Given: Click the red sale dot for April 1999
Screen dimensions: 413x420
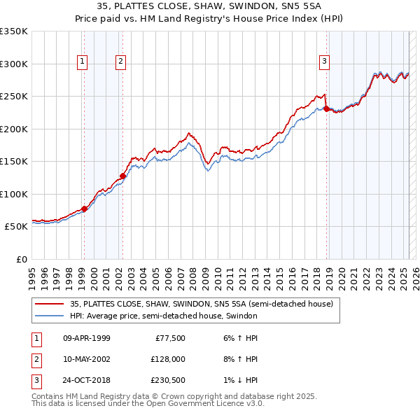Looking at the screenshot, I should [84, 209].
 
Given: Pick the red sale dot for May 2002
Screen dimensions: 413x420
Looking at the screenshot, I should [122, 176].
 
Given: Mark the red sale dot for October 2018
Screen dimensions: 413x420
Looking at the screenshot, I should [326, 108].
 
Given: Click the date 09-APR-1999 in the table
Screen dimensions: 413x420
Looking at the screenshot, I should [86, 338].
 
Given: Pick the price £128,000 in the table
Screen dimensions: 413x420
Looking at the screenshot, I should [167, 359].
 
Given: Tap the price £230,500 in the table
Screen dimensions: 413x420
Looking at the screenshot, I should [167, 380].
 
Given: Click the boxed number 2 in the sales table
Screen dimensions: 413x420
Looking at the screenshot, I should [36, 359].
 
